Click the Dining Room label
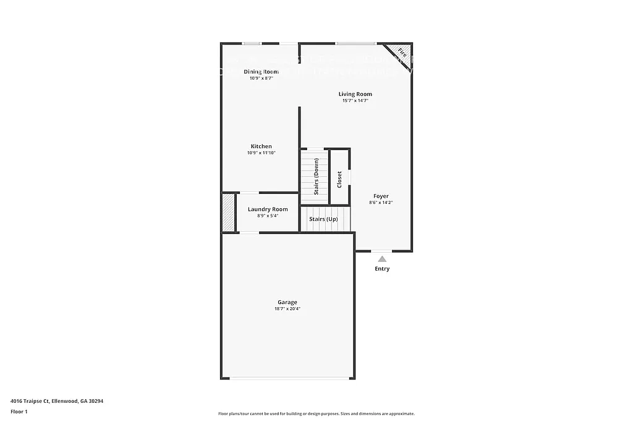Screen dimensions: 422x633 261,72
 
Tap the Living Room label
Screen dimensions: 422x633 355,94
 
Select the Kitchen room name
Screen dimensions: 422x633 261,146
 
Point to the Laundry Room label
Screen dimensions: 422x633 268,209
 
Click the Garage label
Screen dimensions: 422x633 287,302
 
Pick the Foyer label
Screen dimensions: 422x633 381,196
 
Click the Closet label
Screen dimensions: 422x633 339,179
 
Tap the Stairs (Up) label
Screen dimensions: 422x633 323,219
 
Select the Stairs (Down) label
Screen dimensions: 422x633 316,177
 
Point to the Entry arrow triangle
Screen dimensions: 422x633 382,260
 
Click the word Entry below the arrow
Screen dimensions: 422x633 382,269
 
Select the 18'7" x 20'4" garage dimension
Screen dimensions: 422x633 287,309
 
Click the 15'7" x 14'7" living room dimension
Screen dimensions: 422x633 355,101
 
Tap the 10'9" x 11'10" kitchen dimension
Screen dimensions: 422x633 261,153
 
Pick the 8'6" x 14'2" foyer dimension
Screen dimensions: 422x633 381,203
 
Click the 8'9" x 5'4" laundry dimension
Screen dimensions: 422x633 268,216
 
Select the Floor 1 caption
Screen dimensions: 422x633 19,411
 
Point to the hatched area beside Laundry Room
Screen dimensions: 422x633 229,213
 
